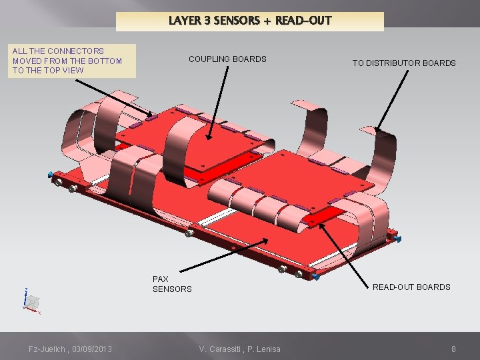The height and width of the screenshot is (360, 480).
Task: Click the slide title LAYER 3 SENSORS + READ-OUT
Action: (250, 21)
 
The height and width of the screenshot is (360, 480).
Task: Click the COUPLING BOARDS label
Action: (227, 59)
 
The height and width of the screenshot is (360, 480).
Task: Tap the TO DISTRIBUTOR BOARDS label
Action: (404, 63)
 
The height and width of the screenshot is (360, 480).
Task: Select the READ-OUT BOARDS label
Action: (411, 287)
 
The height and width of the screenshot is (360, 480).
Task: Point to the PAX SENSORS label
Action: (171, 284)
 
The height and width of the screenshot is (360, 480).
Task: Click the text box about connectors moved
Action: (71, 61)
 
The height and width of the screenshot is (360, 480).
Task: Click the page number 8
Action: (453, 349)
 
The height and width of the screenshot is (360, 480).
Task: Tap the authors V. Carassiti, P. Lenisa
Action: (240, 349)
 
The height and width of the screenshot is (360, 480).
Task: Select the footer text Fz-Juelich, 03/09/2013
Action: (70, 349)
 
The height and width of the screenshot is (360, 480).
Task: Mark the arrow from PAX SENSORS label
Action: (219, 256)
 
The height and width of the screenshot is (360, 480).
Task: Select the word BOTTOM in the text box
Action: (106, 61)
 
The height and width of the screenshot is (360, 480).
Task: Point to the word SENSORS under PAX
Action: (172, 289)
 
